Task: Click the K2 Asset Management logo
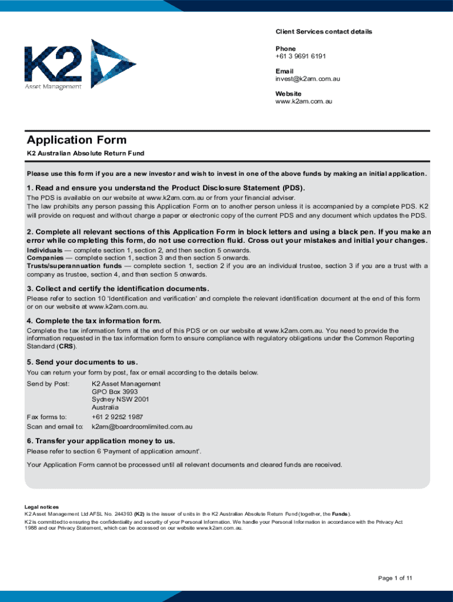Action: pyautogui.click(x=80, y=64)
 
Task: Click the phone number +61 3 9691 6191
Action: pyautogui.click(x=301, y=56)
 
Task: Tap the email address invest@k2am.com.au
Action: pyautogui.click(x=308, y=79)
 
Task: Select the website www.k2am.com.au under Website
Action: pyautogui.click(x=304, y=101)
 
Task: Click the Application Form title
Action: pyautogui.click(x=76, y=140)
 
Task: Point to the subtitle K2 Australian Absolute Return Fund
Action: pyautogui.click(x=85, y=153)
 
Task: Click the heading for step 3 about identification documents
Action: pyautogui.click(x=118, y=289)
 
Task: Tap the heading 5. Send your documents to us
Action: pyautogui.click(x=82, y=362)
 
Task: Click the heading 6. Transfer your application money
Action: pyautogui.click(x=101, y=441)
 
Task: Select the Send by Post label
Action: pyautogui.click(x=48, y=384)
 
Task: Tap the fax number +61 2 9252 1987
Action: pyautogui.click(x=117, y=417)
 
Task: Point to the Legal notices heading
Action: pyautogui.click(x=41, y=507)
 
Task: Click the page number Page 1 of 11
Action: pyautogui.click(x=395, y=578)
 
